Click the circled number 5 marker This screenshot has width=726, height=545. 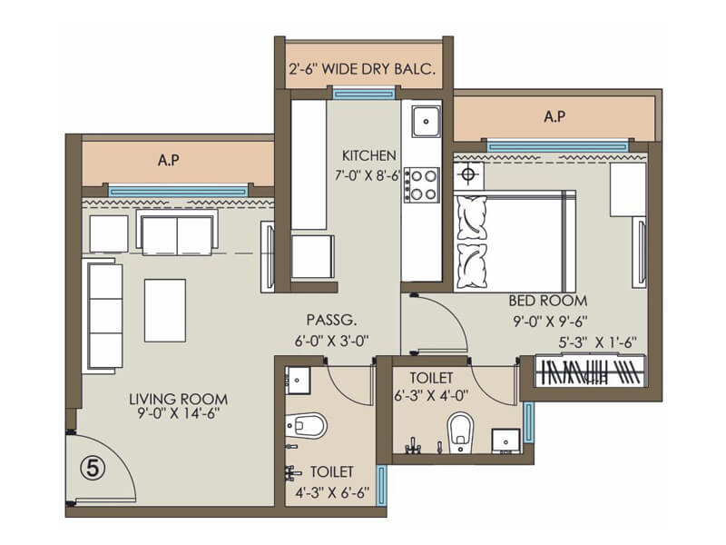(90, 470)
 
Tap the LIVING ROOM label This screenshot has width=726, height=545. (178, 399)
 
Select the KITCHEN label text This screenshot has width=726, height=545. (368, 154)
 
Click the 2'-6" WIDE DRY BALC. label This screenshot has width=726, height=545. (364, 69)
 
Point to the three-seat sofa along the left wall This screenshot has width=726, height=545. (103, 314)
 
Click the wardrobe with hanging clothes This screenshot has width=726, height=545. (591, 372)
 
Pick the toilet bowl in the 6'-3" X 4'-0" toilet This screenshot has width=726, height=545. (461, 432)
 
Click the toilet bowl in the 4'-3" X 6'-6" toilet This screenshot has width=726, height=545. (309, 425)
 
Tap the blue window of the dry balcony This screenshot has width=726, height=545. (364, 93)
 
